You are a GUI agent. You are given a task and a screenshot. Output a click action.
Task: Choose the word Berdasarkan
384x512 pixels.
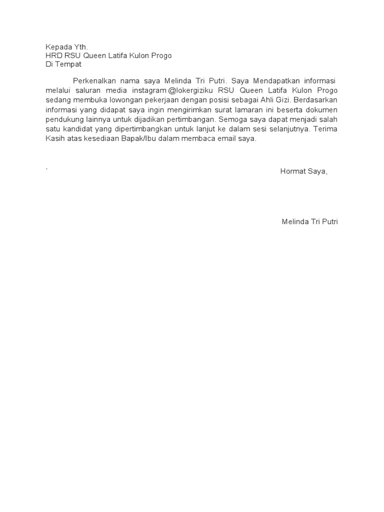pos(316,100)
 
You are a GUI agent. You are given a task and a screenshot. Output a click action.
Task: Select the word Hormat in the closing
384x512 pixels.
pos(292,171)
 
